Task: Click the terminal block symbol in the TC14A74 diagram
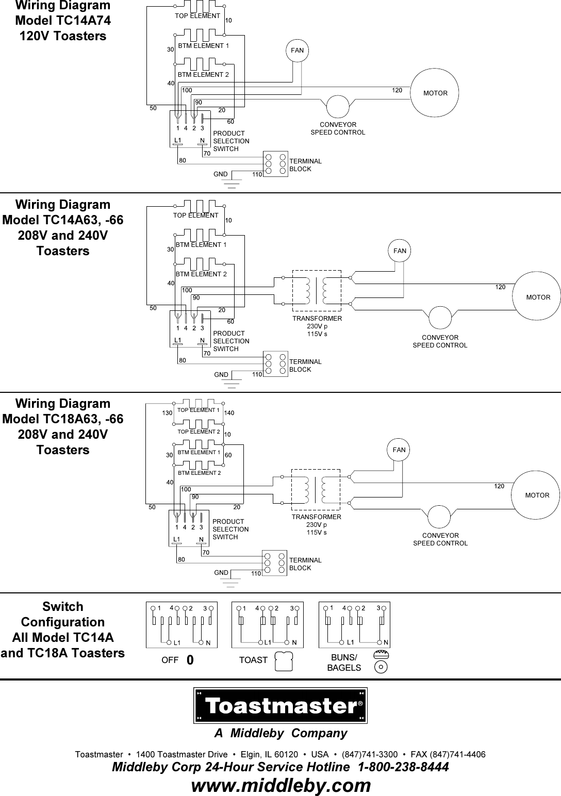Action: coord(275,164)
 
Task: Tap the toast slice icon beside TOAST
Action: coord(284,661)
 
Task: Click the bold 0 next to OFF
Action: coord(190,660)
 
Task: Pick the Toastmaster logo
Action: coord(280,705)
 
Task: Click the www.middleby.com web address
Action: coord(281,785)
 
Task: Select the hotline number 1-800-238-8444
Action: coord(403,767)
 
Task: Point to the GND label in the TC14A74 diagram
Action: coord(220,174)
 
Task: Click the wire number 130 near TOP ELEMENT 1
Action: coord(167,412)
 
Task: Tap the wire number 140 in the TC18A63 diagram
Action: coord(229,412)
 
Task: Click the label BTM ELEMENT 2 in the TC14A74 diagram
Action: coord(203,75)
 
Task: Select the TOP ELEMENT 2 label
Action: coord(199,432)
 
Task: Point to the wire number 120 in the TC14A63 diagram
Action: coord(500,287)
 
